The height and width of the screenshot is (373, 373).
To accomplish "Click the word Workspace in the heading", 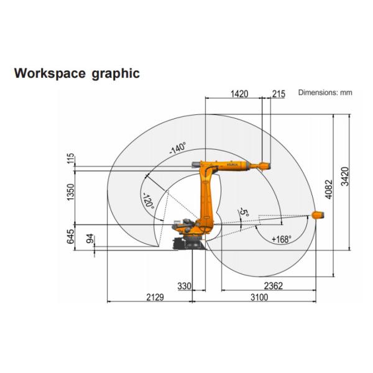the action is tap(50, 73).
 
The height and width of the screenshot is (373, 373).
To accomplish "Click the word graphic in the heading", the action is tap(116, 74).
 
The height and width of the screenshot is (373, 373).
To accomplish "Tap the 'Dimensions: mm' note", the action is tap(325, 93).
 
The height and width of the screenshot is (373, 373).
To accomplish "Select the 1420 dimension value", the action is tap(239, 94).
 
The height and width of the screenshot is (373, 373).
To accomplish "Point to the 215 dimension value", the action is tap(279, 94).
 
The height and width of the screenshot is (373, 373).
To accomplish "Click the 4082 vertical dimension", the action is tap(328, 190).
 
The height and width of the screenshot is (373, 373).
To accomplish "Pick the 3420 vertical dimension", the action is tap(344, 177).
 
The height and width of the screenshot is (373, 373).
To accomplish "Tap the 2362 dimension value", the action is tap(274, 286).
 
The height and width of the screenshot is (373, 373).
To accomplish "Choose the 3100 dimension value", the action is tap(259, 297).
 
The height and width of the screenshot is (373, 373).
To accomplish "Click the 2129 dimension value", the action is tap(155, 297).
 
